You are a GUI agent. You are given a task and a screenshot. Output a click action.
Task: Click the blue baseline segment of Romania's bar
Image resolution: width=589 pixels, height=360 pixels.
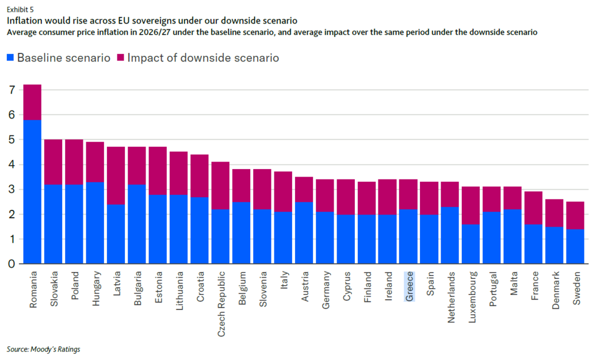pos(32,192)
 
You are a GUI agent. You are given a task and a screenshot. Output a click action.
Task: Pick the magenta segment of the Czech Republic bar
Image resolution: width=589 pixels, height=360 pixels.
pos(221,185)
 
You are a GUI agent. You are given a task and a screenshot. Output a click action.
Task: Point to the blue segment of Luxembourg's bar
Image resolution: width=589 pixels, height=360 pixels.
pos(471,244)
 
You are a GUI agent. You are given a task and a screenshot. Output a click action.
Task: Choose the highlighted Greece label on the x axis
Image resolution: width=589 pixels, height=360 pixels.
pos(410,286)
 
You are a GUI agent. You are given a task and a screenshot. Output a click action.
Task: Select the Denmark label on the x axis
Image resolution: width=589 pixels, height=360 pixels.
pos(556,290)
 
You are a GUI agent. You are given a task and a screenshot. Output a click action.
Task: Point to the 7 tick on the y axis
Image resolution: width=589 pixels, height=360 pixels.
pos(12,90)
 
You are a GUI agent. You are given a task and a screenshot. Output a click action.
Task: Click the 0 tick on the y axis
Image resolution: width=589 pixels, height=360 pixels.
pos(12,264)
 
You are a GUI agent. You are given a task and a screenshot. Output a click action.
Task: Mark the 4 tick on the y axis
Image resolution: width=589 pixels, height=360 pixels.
pos(12,165)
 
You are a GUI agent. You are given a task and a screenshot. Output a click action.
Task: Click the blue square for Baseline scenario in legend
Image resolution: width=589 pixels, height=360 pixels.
pos(10,58)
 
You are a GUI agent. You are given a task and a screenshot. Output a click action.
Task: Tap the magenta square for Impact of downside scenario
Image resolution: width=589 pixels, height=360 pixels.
pos(120,58)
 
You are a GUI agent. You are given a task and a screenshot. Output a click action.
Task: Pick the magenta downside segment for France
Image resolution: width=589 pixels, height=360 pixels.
pos(533,208)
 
